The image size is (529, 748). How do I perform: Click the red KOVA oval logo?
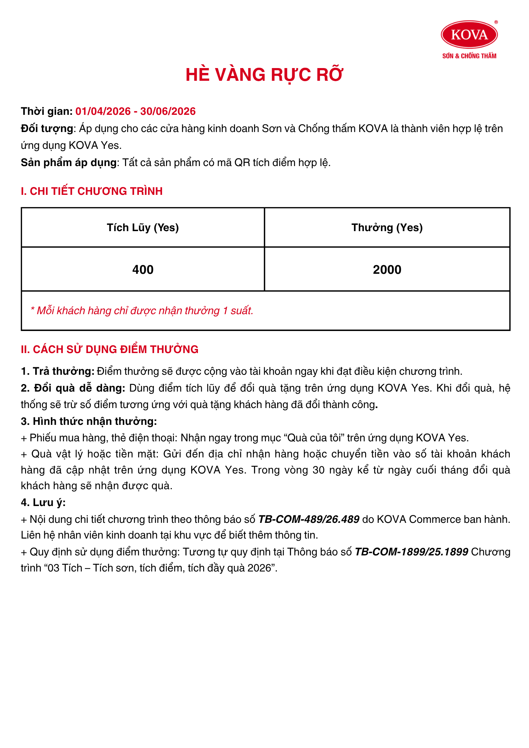coord(469,34)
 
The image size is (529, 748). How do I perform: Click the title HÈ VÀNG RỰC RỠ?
coord(264,74)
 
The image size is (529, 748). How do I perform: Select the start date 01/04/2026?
coord(103,111)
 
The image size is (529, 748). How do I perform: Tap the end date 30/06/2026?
coord(168,111)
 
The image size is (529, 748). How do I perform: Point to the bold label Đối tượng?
coord(47,129)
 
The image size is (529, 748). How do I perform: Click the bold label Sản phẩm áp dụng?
coord(69,163)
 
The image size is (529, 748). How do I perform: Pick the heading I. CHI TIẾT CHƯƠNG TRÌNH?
coord(92,191)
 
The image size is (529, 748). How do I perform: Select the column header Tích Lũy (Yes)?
coord(143,227)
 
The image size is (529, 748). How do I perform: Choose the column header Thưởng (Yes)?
coord(387,227)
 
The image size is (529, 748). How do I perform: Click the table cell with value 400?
coord(143,270)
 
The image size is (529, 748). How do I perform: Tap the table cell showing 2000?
coord(387,270)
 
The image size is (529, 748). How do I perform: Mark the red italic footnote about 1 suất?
coord(142,311)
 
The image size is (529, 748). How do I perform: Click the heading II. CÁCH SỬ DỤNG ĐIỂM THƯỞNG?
coord(110,349)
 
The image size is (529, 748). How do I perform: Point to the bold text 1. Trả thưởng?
coord(58,371)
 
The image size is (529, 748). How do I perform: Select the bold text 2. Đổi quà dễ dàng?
coord(73,388)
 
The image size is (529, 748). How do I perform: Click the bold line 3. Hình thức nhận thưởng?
coord(89,421)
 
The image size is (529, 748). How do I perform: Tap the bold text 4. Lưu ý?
coord(43,503)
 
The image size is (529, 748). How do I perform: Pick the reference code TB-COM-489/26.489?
coord(309,519)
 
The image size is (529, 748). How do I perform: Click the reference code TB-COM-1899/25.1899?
coord(411,552)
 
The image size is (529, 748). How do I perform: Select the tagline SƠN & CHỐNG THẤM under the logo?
coord(469,56)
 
